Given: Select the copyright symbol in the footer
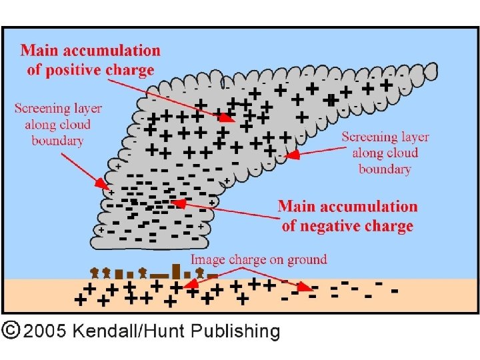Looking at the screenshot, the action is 10,330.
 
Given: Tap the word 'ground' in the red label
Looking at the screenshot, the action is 306,260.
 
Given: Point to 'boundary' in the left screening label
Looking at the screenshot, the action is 57,140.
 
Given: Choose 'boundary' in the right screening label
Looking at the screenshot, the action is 385,169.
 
